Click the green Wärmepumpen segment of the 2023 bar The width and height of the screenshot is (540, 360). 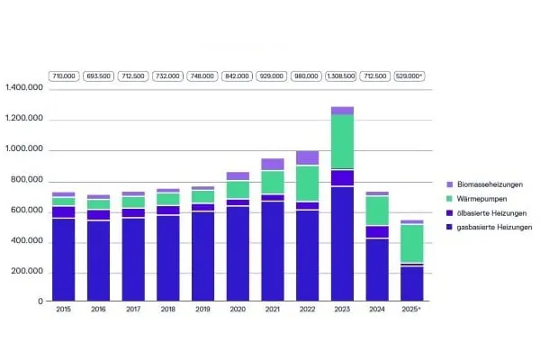[x=342, y=141]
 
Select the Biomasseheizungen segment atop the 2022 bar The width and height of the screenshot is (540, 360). [x=307, y=158]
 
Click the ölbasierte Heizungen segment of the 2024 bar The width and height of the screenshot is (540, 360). [x=377, y=232]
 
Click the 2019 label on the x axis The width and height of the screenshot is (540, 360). [x=202, y=310]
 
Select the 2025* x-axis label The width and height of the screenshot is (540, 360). [x=412, y=310]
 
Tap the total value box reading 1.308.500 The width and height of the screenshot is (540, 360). [x=342, y=76]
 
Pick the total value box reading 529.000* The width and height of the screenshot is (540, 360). [x=411, y=76]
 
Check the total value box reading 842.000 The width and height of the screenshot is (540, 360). [x=238, y=76]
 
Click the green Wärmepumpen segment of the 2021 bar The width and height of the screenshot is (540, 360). [x=273, y=182]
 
